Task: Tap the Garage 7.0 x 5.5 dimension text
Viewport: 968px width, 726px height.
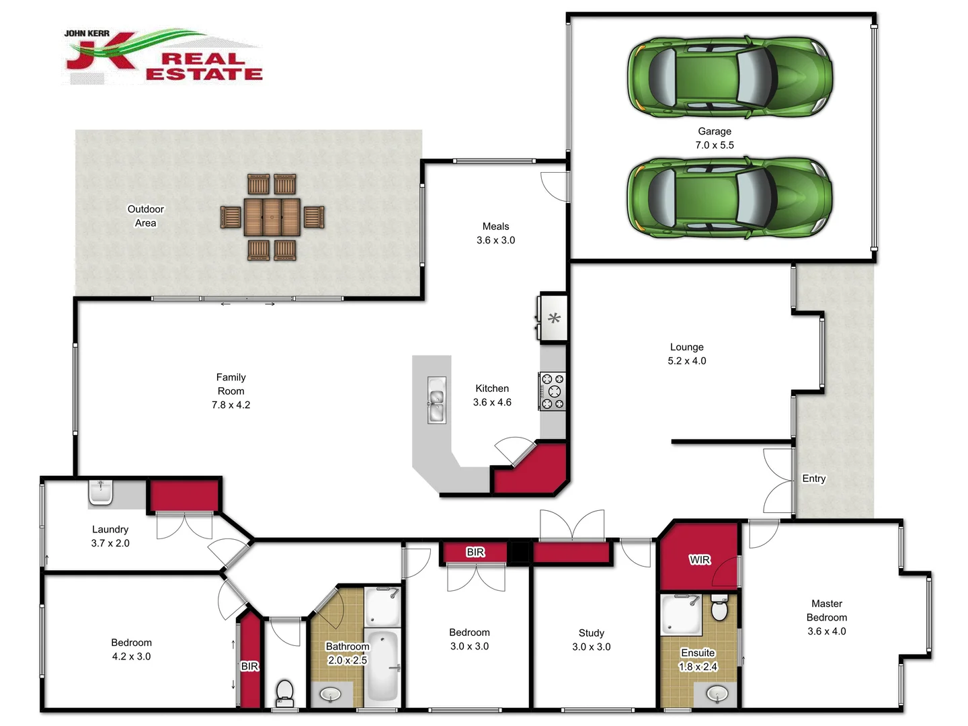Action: [714, 145]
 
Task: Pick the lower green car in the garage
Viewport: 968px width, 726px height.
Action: [729, 199]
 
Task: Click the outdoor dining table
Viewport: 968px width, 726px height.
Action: [272, 217]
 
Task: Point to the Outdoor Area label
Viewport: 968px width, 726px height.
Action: [146, 216]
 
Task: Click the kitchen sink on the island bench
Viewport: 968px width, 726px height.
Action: [436, 400]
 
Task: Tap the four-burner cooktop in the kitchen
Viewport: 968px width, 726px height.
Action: [553, 391]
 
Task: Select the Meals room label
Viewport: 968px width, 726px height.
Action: [495, 227]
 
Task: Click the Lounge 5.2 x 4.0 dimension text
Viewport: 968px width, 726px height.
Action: [686, 361]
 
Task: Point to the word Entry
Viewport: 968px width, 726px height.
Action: [813, 479]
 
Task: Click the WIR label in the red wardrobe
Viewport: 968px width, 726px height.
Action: [699, 559]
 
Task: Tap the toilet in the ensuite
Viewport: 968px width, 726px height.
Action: [719, 609]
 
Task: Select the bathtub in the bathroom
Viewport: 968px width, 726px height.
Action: [383, 665]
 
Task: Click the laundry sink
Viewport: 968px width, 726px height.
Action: [101, 492]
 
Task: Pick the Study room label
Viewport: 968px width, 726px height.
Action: [591, 633]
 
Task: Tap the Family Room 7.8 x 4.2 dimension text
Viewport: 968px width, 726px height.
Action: [231, 405]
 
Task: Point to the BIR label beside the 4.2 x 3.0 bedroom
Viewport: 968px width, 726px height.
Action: [249, 666]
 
